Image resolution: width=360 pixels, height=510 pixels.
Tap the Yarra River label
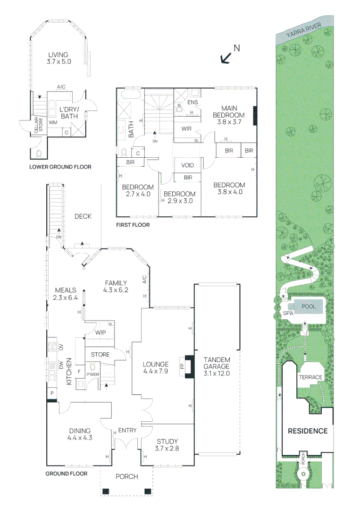(x=305, y=32)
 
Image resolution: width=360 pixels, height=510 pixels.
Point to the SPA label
(x=288, y=313)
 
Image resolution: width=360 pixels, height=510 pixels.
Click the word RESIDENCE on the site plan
(x=308, y=431)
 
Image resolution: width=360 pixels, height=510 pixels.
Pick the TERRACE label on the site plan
(x=310, y=377)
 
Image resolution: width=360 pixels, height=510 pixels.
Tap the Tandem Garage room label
(x=217, y=366)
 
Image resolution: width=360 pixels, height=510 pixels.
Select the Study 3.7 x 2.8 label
(x=167, y=445)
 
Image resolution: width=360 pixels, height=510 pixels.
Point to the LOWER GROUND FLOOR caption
(x=60, y=167)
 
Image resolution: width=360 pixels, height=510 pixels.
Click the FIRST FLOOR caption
(x=133, y=225)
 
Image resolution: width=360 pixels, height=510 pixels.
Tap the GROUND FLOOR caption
(x=67, y=473)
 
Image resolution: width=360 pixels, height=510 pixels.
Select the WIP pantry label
(x=100, y=332)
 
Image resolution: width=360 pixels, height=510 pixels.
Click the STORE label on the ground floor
(x=100, y=355)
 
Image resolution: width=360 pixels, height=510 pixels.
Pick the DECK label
(x=83, y=216)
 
